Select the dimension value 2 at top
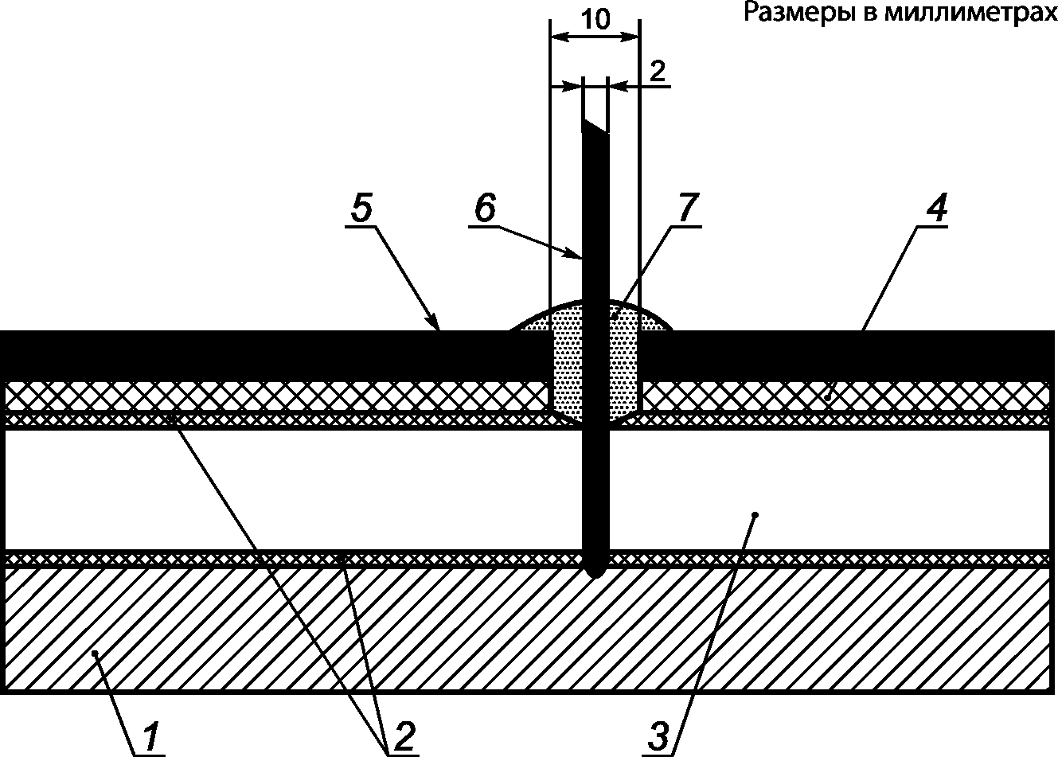(657, 71)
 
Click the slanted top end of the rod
(595, 127)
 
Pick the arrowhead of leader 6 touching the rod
(580, 256)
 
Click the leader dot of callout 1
(95, 654)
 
